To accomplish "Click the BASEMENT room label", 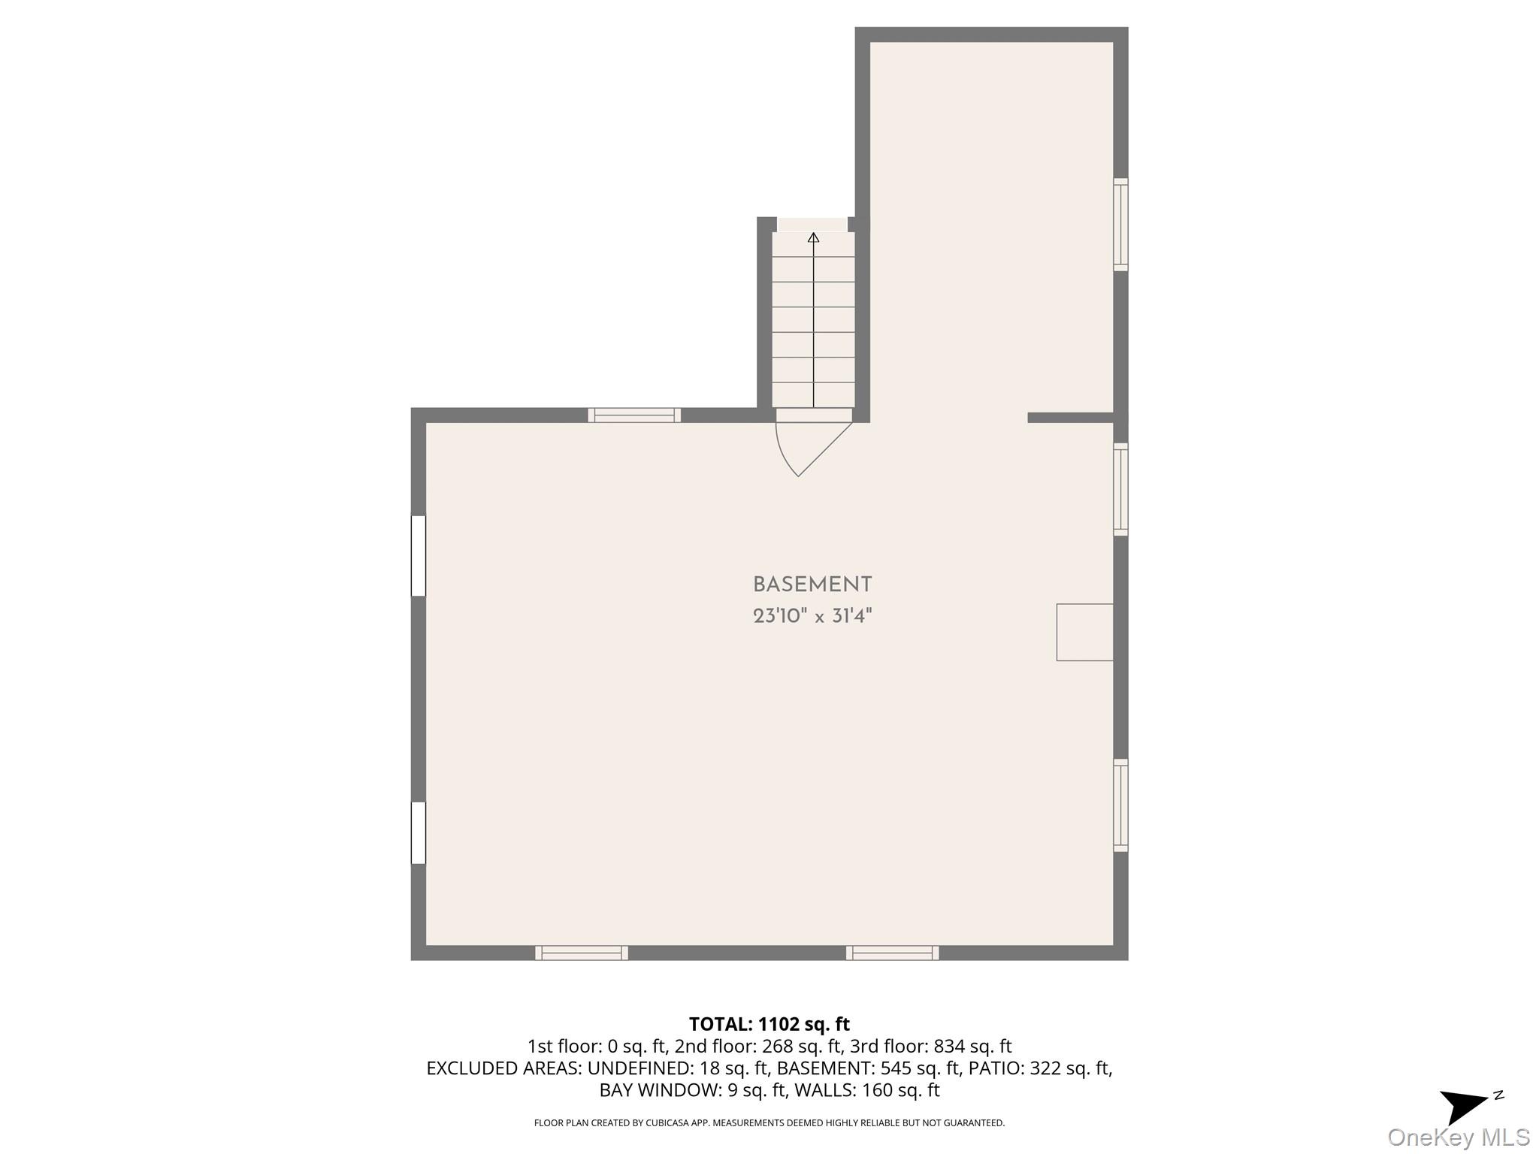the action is pyautogui.click(x=812, y=585).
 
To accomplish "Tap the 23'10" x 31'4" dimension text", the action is pyautogui.click(x=812, y=617).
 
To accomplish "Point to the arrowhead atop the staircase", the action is pyautogui.click(x=813, y=237).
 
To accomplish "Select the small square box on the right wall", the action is pyautogui.click(x=1084, y=632).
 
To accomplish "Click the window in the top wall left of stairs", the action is pyautogui.click(x=634, y=415).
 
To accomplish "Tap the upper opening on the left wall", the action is pyautogui.click(x=419, y=556).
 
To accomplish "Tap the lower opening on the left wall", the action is pyautogui.click(x=419, y=833).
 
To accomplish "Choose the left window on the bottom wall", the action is pyautogui.click(x=582, y=953).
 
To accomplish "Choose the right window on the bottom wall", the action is pyautogui.click(x=893, y=953).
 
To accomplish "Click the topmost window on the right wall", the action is pyautogui.click(x=1120, y=225).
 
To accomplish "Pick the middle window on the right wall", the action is pyautogui.click(x=1120, y=489).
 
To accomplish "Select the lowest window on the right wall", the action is pyautogui.click(x=1120, y=805).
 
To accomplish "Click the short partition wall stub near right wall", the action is pyautogui.click(x=1071, y=418).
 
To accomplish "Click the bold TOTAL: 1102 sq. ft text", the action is pyautogui.click(x=769, y=1024).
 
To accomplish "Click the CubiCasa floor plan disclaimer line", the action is pyautogui.click(x=769, y=1123).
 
